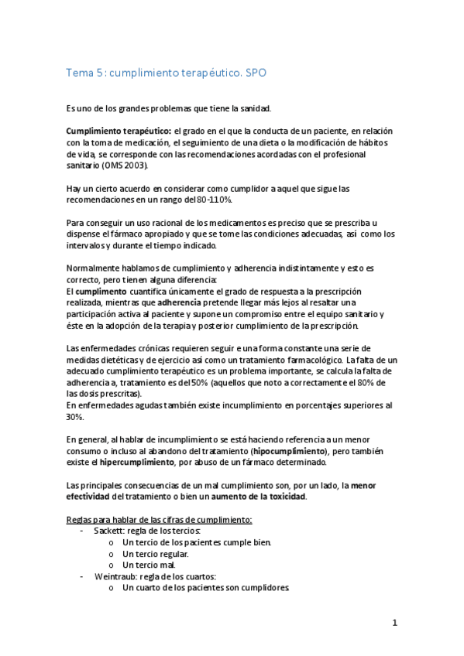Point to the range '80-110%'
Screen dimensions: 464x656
click(x=225, y=199)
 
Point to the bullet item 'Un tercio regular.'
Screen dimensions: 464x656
click(x=156, y=553)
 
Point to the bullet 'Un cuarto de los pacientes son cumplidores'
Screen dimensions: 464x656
click(x=205, y=588)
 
